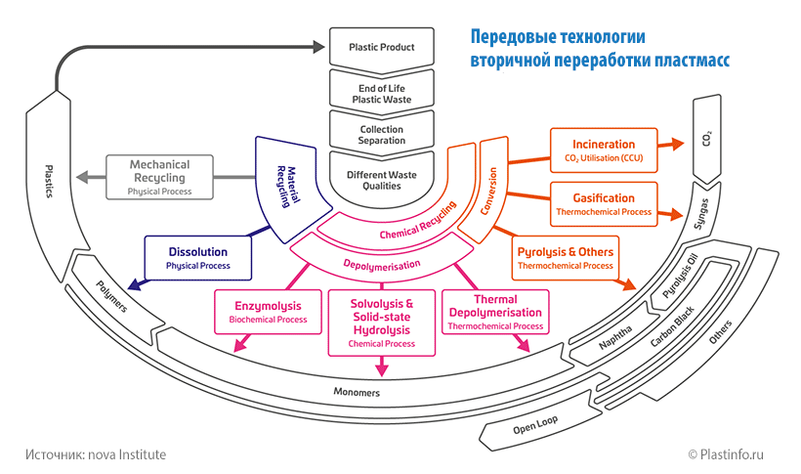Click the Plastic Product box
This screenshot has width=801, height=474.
point(382,47)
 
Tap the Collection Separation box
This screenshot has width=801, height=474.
point(382,135)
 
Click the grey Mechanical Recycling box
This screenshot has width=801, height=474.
point(159,177)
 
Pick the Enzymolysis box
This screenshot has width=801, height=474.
point(267,311)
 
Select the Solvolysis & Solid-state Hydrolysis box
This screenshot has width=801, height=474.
point(381,323)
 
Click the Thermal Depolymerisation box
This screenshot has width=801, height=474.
point(495,311)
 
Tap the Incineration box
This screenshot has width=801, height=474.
point(603,150)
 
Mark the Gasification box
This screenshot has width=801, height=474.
point(603,203)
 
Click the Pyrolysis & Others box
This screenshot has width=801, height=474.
point(565,257)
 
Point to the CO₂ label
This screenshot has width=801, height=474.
point(706,140)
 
